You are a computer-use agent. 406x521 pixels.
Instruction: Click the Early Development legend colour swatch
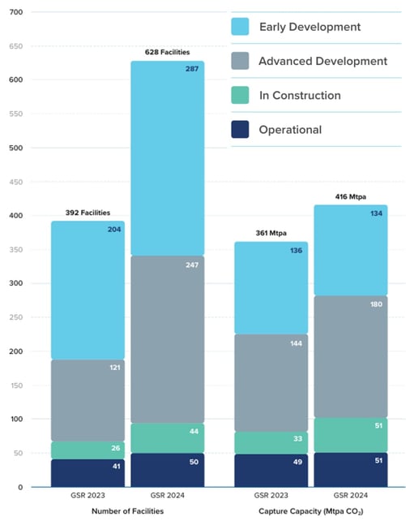tap(241, 28)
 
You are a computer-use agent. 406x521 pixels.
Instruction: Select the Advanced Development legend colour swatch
tap(241, 62)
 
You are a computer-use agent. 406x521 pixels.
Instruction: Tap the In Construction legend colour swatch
tap(241, 96)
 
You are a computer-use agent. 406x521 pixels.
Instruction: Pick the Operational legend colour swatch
tap(241, 130)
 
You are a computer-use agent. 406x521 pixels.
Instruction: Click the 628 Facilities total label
tap(168, 53)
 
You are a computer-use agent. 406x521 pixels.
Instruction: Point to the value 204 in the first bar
tap(113, 230)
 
